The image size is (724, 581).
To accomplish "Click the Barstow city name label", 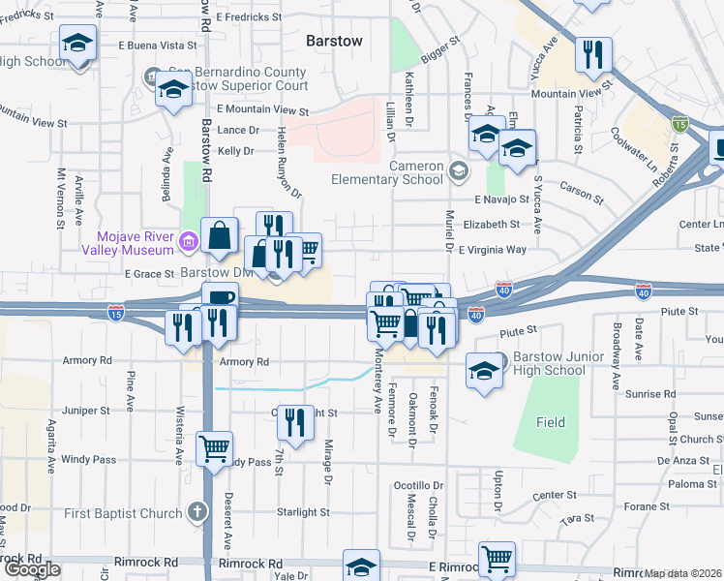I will coord(334,41).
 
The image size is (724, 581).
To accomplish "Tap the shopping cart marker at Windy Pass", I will coord(214,449).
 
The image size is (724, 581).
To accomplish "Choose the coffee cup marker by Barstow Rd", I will coord(219,300).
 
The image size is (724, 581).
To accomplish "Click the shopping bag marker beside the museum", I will coord(222,235).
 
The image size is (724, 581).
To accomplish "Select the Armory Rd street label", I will coord(242,362).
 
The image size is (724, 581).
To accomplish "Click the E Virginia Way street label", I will coord(494,249).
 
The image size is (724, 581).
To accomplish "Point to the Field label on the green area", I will coord(552,422).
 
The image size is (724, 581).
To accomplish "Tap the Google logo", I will coord(32,569).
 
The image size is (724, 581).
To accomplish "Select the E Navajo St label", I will coord(500,199).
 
